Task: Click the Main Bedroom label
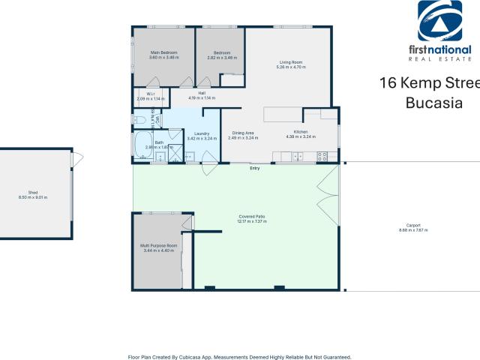click(x=164, y=53)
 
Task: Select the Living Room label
click(x=289, y=63)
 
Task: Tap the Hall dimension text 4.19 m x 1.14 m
click(x=202, y=98)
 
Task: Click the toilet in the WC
click(x=139, y=119)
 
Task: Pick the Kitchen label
click(x=301, y=132)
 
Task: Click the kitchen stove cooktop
click(x=322, y=157)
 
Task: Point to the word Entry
click(x=255, y=168)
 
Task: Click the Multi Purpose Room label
click(x=158, y=246)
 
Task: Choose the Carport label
click(x=413, y=224)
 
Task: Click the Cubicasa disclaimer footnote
click(x=239, y=357)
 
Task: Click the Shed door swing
click(x=77, y=159)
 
